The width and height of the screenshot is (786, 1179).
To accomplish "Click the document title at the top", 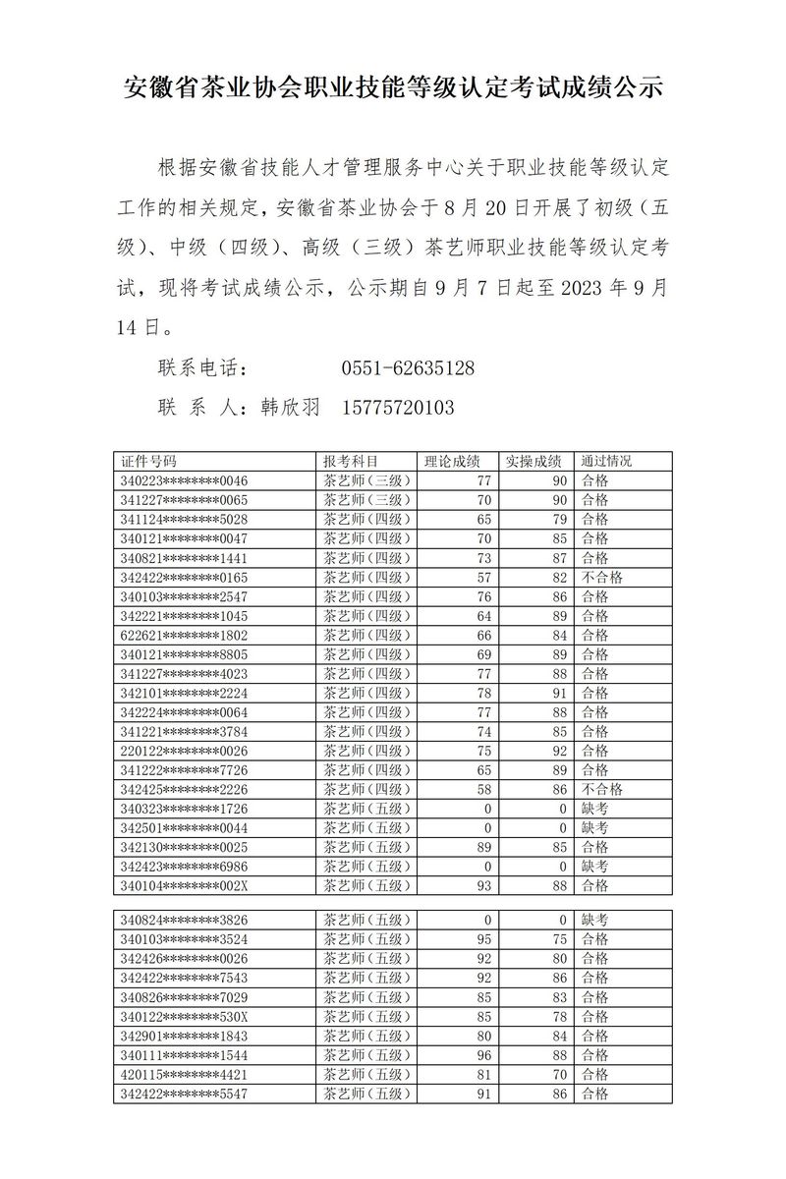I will click(x=393, y=89).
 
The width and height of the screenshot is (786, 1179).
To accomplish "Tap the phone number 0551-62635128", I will click(x=408, y=369).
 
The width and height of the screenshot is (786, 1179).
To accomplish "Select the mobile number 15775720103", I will click(x=398, y=407).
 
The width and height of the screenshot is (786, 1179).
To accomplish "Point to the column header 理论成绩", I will click(x=452, y=462).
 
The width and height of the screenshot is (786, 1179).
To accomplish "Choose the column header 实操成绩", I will click(x=533, y=462).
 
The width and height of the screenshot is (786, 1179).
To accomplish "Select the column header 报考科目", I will click(x=351, y=462).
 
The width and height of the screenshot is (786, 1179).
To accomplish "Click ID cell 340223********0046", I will click(x=184, y=481).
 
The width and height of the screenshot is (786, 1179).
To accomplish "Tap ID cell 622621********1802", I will click(x=184, y=636).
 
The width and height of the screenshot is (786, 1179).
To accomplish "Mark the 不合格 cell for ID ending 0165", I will click(x=602, y=578).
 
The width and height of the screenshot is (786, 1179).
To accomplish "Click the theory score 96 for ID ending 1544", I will click(x=482, y=1055).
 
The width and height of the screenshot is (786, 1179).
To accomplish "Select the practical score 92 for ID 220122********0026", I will click(x=560, y=752).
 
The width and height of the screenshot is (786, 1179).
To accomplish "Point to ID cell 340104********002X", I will click(x=184, y=886).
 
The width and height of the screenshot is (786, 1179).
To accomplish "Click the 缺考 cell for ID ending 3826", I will click(x=594, y=920).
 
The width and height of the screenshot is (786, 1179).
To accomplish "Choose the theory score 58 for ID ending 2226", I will click(x=482, y=790).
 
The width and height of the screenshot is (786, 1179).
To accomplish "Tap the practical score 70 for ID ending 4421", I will click(x=560, y=1074).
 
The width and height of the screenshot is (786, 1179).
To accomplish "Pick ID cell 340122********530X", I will click(x=184, y=1016).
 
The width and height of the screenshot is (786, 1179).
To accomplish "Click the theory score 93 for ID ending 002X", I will click(x=482, y=886).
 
